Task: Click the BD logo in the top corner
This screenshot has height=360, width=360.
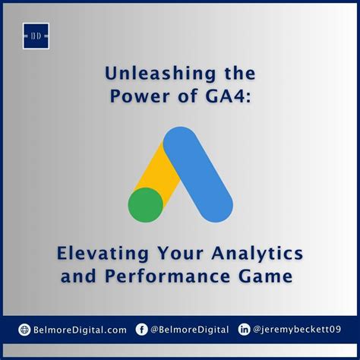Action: [35, 35]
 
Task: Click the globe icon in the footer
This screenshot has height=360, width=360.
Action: [24, 329]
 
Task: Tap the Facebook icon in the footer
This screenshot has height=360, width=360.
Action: [141, 329]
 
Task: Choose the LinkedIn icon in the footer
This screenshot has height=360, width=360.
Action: [244, 329]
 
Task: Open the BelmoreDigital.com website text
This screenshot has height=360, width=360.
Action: [80, 329]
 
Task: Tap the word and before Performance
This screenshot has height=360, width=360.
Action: [86, 276]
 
